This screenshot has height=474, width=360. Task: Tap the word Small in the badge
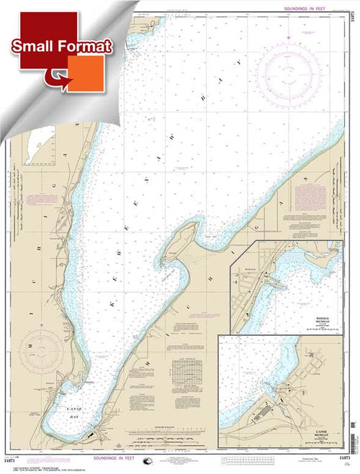coord(34,48)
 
